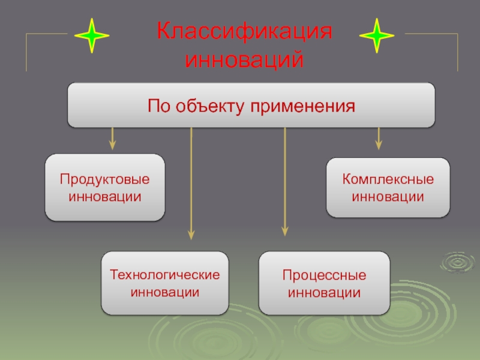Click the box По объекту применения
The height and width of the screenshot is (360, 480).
coord(251,106)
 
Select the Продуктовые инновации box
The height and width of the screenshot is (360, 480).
coord(105,188)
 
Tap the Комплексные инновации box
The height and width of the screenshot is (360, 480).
coord(388,188)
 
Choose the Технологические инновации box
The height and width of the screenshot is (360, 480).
coord(164,284)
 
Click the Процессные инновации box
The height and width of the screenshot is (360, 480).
coord(324,284)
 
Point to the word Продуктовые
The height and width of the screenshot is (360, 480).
coord(105,180)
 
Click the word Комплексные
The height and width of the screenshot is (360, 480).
coord(388,179)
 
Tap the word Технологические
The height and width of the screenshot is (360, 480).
coord(164,275)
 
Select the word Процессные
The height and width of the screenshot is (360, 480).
coord(324,275)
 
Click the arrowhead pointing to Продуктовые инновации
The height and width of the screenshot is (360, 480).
coord(112,145)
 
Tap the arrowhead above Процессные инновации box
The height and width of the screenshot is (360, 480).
coord(284,230)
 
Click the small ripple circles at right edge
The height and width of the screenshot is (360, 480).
coord(457,262)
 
